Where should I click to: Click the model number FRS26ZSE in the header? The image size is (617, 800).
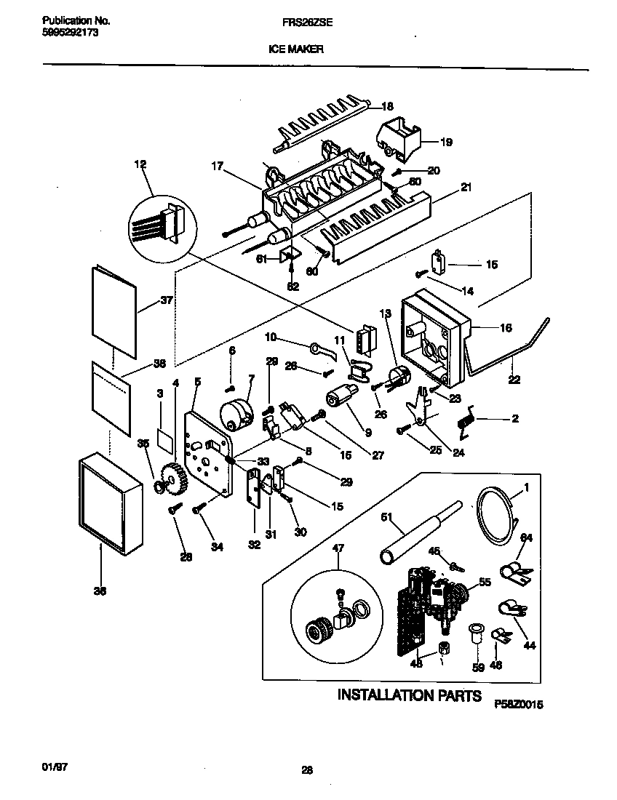307,23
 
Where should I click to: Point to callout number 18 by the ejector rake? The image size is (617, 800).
387,106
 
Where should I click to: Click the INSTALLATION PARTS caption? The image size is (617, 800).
409,695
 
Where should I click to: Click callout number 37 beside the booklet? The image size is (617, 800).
167,300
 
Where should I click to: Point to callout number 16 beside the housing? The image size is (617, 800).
505,328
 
